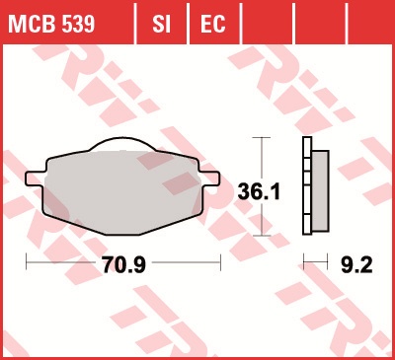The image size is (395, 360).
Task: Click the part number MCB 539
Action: coord(51,24)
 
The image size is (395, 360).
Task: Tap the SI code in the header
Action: coord(161,24)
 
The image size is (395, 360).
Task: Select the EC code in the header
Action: coord(213,24)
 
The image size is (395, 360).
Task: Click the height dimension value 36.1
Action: coord(259,192)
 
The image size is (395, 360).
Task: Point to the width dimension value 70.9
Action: coord(123,264)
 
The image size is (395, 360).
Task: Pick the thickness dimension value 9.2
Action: coord(356,264)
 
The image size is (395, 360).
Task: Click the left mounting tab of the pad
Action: coord(35,179)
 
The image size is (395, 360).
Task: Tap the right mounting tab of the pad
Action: coord(209,179)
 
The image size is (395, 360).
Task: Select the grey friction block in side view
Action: coord(320,190)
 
